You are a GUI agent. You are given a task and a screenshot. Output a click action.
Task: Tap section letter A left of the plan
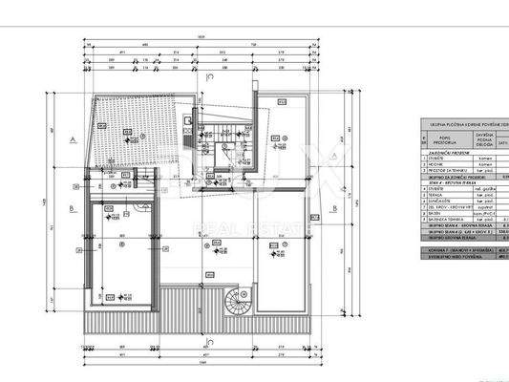(x=73, y=138)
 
